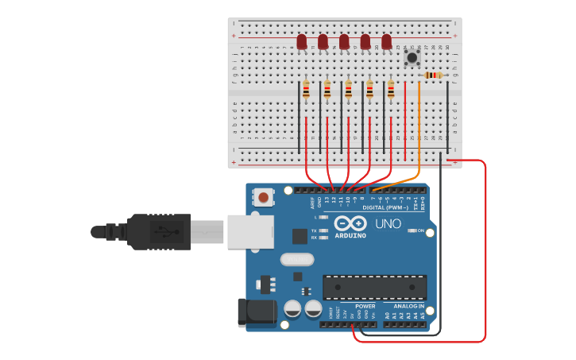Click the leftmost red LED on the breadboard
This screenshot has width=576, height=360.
302,41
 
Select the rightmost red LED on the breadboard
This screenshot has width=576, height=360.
387,41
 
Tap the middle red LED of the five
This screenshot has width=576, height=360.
344,41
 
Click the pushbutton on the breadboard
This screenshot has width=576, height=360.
412,57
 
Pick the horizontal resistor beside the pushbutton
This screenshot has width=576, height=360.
433,75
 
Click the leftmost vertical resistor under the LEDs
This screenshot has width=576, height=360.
306,91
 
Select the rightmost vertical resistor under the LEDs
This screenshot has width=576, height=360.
391,91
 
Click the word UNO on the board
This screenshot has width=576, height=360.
388,224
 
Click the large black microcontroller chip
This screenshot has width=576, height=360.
374,287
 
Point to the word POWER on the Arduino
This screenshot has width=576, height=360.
365,306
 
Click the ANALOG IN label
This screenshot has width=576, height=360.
409,306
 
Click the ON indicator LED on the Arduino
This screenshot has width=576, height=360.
411,230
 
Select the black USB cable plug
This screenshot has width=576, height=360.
159,231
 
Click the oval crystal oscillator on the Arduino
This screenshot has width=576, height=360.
297,259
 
